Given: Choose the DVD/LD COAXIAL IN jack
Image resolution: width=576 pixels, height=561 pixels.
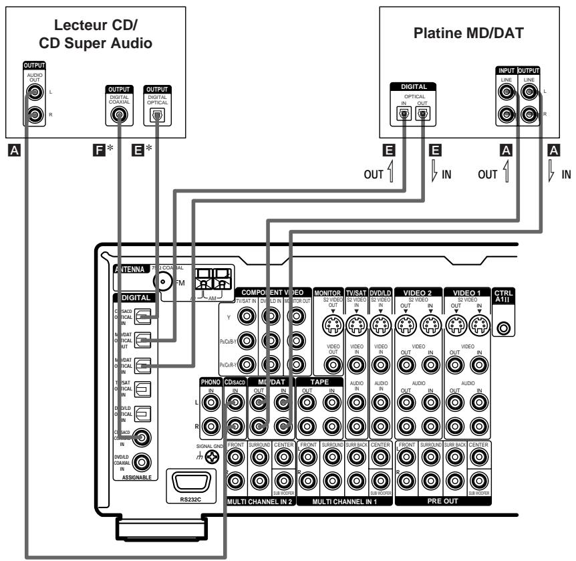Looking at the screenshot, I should pyautogui.click(x=141, y=461).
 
